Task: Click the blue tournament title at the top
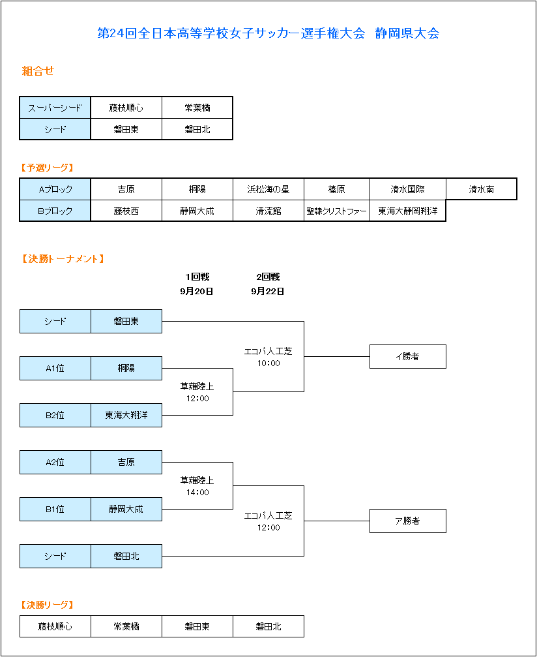268,33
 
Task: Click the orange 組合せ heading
38,71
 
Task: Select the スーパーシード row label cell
55,108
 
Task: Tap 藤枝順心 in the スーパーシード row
126,108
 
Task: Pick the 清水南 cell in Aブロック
482,189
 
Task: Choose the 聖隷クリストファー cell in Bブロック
336,211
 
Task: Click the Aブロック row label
55,189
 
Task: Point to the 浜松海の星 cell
268,189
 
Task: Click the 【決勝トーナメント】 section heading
62,259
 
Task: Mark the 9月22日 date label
268,292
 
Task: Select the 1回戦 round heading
197,277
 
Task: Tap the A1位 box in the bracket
55,369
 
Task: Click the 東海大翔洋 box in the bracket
126,415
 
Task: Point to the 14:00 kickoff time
197,493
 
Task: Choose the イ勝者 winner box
408,357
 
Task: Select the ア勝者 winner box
408,521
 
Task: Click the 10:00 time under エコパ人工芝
268,363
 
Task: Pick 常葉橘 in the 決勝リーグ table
126,626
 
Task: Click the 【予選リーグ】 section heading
47,168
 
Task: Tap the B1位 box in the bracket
55,509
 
